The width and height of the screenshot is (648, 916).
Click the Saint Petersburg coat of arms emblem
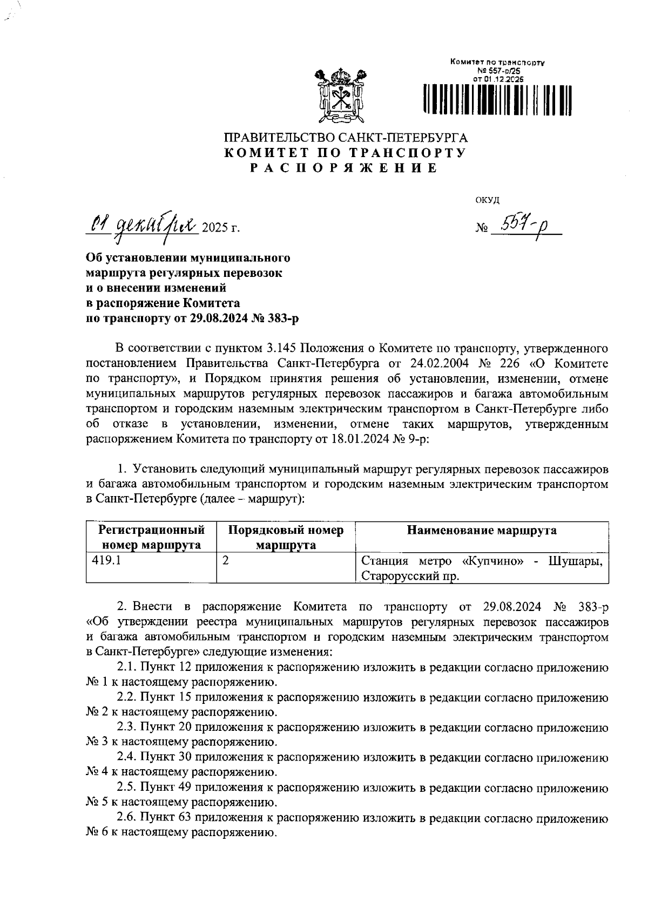341,95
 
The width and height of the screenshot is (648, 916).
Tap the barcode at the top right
497,99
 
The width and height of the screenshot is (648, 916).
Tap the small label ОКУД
487,200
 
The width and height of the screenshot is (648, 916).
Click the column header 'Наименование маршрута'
482,530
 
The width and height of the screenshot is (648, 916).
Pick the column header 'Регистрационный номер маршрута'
151,537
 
